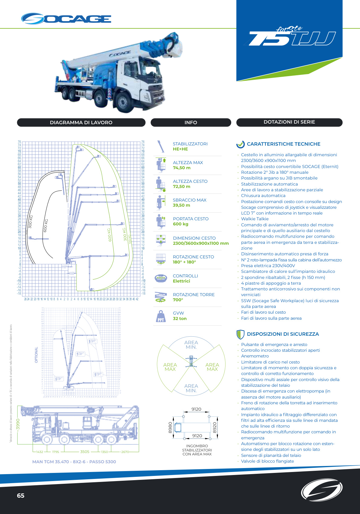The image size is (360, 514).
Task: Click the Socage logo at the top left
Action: coord(66,19)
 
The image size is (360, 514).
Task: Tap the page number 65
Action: coord(21,496)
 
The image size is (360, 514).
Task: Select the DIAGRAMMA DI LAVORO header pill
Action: coord(81,122)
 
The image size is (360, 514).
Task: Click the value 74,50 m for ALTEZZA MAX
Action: coord(182,168)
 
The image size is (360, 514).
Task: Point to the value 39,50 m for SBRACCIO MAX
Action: coord(181,205)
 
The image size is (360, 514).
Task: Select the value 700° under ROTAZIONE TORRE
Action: coord(178,300)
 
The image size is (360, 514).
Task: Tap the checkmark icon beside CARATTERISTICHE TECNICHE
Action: coord(240,144)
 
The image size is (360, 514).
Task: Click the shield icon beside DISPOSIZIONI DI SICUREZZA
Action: coord(240,334)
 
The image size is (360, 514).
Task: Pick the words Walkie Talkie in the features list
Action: coord(255,219)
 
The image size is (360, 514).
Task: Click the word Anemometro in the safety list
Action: coord(255,356)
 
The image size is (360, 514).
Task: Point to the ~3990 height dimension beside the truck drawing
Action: coord(18,425)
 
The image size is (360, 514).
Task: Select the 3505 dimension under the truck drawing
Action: coord(85,452)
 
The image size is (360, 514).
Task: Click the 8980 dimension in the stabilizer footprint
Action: coord(170,428)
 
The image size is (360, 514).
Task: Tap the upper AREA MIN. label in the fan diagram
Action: coord(191,345)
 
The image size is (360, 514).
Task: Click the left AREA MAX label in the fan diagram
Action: coord(170,367)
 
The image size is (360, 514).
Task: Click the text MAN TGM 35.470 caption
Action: coord(74,461)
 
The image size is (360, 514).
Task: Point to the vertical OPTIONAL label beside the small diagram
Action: coord(36,355)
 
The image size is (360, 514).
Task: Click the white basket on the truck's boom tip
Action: coord(177,48)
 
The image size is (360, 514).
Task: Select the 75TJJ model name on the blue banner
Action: coord(292,38)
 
